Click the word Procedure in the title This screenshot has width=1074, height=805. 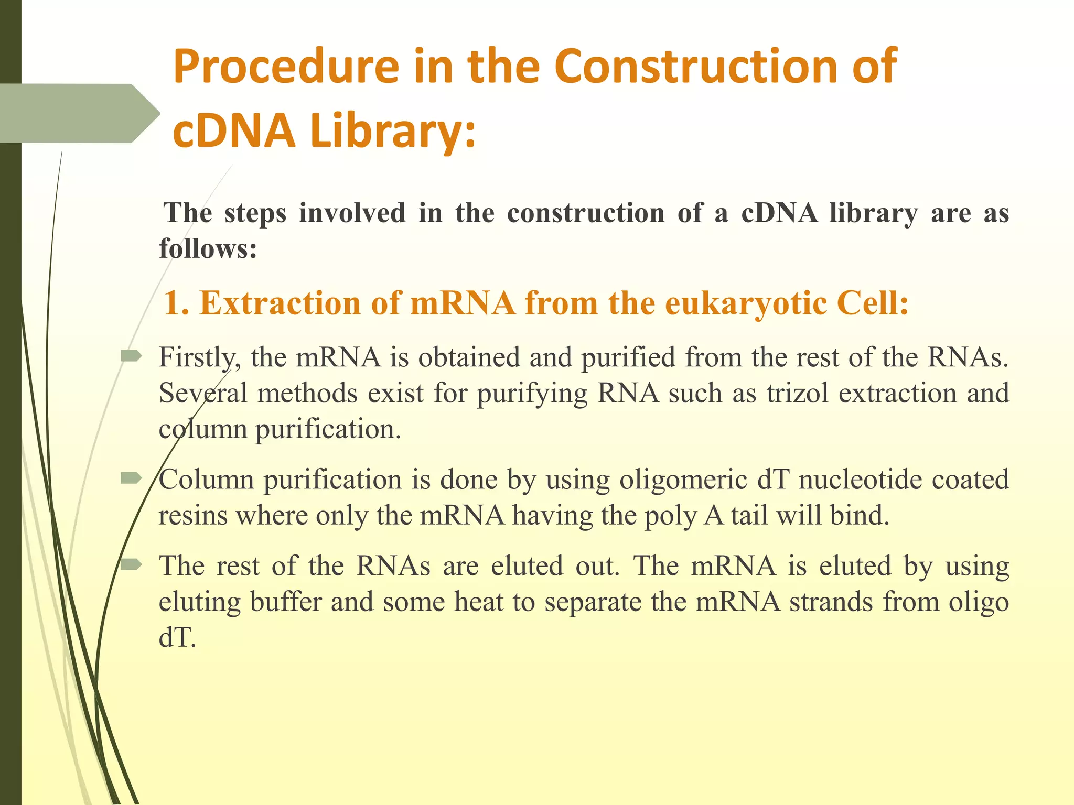pos(286,67)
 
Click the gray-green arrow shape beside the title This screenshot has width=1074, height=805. pos(79,113)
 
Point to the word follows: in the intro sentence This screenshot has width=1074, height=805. pos(208,248)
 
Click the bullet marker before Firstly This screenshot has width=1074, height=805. pos(131,357)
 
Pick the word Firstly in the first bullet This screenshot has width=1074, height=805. pos(200,358)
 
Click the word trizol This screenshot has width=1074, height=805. pos(797,393)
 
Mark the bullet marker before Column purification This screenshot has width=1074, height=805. pos(131,478)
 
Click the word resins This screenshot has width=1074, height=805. pos(193,516)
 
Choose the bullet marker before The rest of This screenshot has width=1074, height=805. pos(131,564)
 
